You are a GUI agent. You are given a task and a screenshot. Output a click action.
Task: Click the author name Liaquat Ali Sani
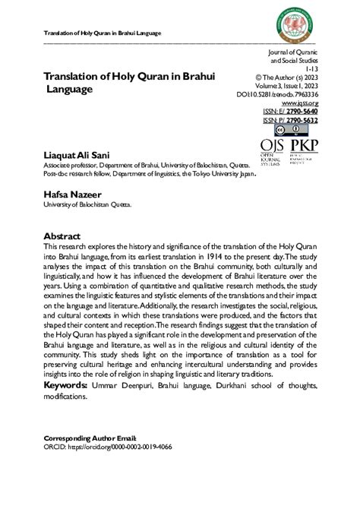coord(77,154)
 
